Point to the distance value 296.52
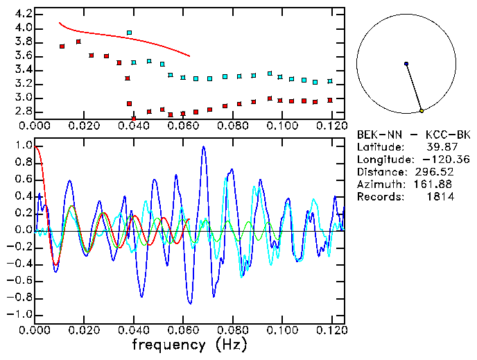(435, 172)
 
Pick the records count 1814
(440, 197)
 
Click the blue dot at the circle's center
(406, 64)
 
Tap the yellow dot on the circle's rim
(422, 110)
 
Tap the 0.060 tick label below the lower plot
(183, 330)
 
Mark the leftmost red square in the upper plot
(62, 46)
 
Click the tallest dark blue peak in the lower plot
(203, 147)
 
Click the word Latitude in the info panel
(379, 147)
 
